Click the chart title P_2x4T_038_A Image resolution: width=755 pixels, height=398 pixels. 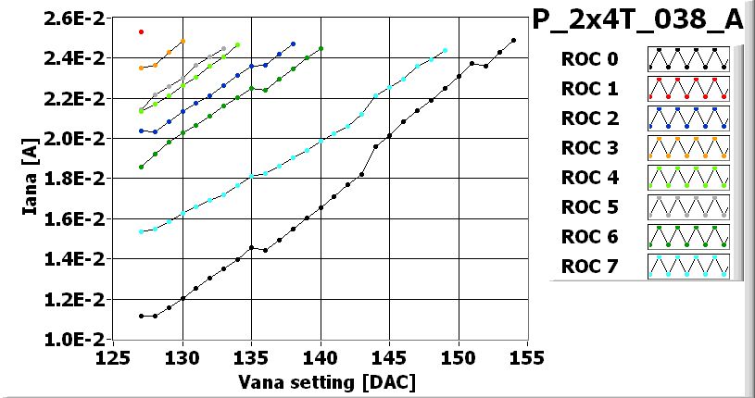pos(638,20)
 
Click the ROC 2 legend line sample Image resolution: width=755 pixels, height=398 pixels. pos(688,119)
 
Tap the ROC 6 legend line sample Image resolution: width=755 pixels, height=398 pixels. pos(688,238)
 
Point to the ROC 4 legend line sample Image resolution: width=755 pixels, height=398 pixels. pos(688,179)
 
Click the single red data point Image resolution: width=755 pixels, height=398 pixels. pos(141,31)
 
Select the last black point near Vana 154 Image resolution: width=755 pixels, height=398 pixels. pos(513,41)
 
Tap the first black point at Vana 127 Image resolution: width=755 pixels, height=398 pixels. pos(141,316)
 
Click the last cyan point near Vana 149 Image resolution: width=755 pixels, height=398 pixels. pos(445,51)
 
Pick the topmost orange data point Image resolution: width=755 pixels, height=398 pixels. pos(182,41)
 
